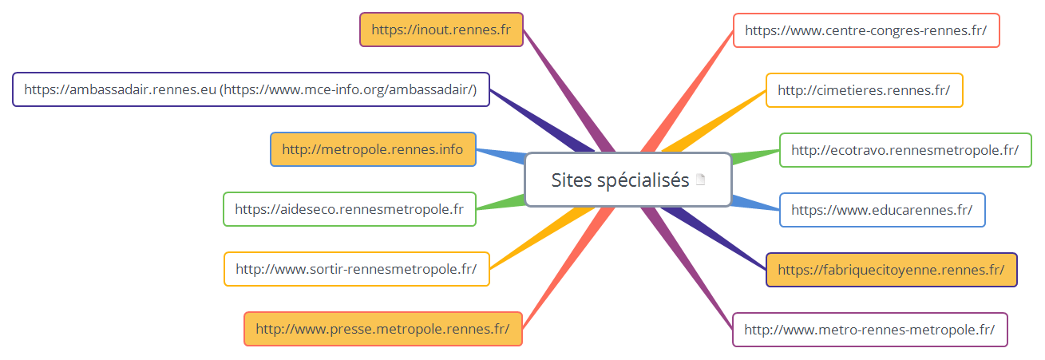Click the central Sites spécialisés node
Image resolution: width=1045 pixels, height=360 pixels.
[619, 180]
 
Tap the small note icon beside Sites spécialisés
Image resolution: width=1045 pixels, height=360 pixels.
[701, 180]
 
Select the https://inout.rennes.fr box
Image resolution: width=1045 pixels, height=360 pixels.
[441, 30]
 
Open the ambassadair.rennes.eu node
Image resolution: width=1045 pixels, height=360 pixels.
[251, 89]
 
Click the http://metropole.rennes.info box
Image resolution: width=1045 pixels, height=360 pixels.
[373, 149]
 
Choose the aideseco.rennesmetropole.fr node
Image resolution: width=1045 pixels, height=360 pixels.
[349, 209]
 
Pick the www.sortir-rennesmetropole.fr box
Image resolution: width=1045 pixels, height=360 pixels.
[356, 269]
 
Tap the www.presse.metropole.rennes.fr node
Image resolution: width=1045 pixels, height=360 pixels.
[382, 328]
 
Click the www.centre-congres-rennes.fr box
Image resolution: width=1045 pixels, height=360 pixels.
[865, 30]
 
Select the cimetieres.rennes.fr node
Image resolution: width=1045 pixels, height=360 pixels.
[864, 90]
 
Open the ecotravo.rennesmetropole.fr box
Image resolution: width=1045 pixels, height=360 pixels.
[904, 149]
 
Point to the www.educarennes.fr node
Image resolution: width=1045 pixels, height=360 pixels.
[881, 210]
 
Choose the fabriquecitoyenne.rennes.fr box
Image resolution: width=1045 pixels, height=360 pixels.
[891, 270]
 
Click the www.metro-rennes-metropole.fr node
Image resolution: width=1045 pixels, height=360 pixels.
[869, 330]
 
